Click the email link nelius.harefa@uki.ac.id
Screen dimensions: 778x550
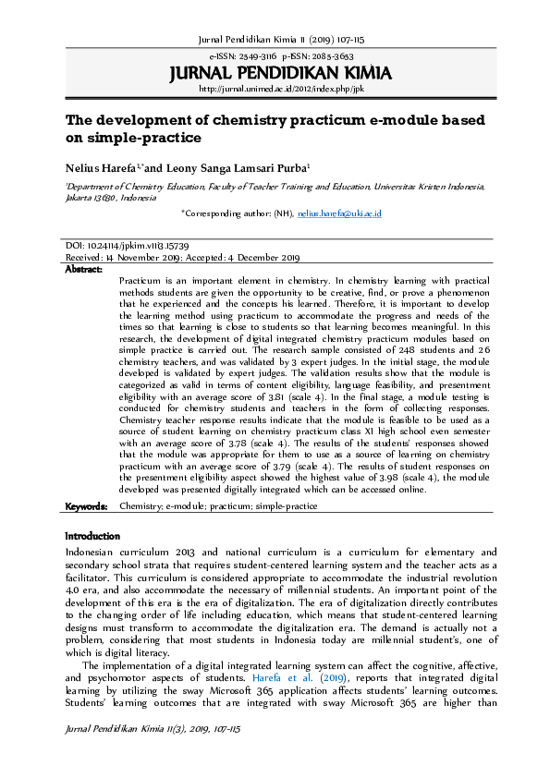click(x=339, y=213)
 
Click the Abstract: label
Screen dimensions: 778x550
click(x=84, y=268)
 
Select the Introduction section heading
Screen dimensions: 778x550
click(x=92, y=536)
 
